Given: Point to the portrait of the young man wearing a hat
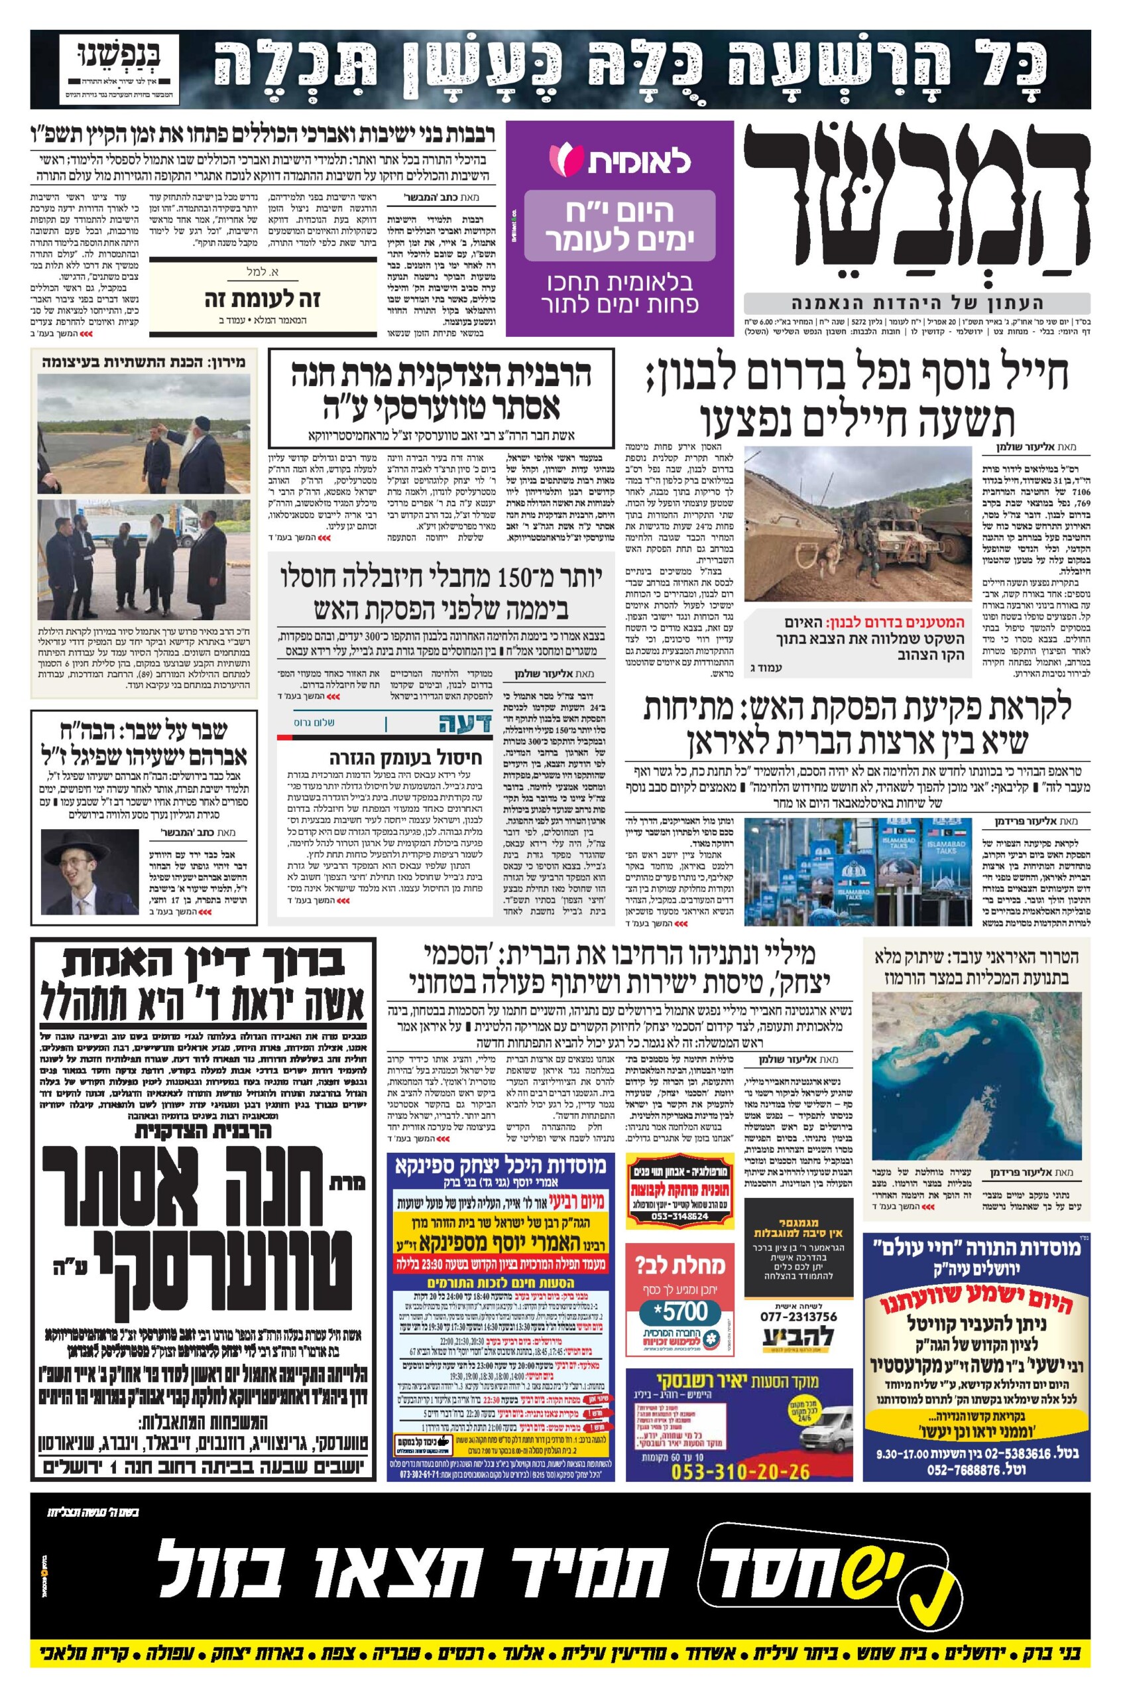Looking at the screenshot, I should [89, 872].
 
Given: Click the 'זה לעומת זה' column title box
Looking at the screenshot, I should [261, 299].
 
